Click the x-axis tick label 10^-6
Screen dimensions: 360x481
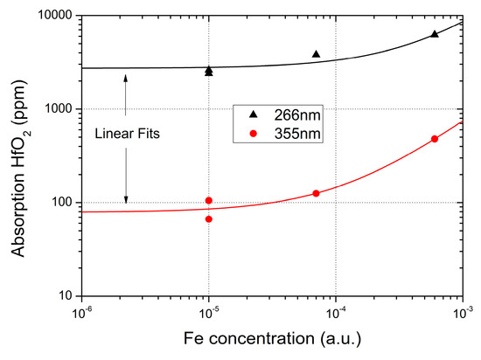(82, 312)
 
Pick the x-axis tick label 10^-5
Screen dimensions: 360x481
(209, 312)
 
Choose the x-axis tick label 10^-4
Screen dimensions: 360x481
(336, 312)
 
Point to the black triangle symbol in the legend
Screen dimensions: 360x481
(254, 115)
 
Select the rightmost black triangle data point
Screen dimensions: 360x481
(435, 34)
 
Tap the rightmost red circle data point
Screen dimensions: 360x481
(435, 139)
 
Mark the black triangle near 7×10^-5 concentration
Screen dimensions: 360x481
(316, 54)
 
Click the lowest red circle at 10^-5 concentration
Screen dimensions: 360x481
(209, 218)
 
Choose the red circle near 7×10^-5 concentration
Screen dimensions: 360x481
(316, 193)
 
